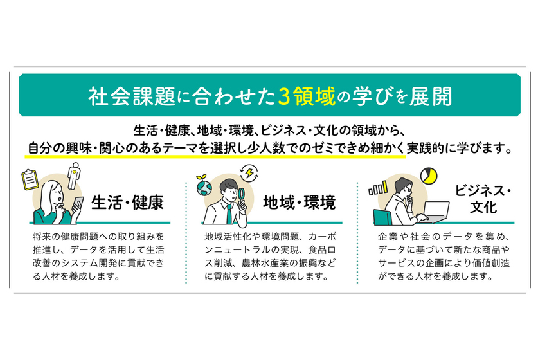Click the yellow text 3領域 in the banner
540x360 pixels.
click(x=306, y=97)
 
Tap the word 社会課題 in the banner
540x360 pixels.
click(x=132, y=97)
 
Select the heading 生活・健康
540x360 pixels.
click(x=127, y=203)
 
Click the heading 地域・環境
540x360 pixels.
click(x=300, y=203)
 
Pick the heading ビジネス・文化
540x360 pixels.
click(x=483, y=199)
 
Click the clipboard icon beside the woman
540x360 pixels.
click(x=30, y=179)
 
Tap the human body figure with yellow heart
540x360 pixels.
click(x=74, y=175)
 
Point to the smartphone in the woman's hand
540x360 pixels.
click(x=78, y=204)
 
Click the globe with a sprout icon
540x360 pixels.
click(x=204, y=186)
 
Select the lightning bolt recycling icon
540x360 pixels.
click(x=249, y=172)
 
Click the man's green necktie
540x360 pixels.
click(x=229, y=213)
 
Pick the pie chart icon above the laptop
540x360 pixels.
click(x=429, y=175)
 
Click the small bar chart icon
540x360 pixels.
click(x=378, y=188)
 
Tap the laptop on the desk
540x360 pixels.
click(x=434, y=212)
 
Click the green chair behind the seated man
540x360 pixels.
click(x=382, y=217)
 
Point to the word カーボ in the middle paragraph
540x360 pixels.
click(x=322, y=237)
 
